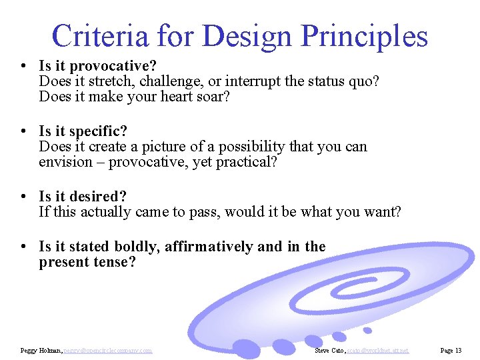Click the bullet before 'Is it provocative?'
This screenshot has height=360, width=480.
23,66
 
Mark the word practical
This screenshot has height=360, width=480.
247,162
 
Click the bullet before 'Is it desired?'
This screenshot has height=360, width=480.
23,197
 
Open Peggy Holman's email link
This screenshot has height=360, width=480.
108,351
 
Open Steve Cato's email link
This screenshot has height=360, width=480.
379,351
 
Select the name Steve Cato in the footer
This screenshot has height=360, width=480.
330,351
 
